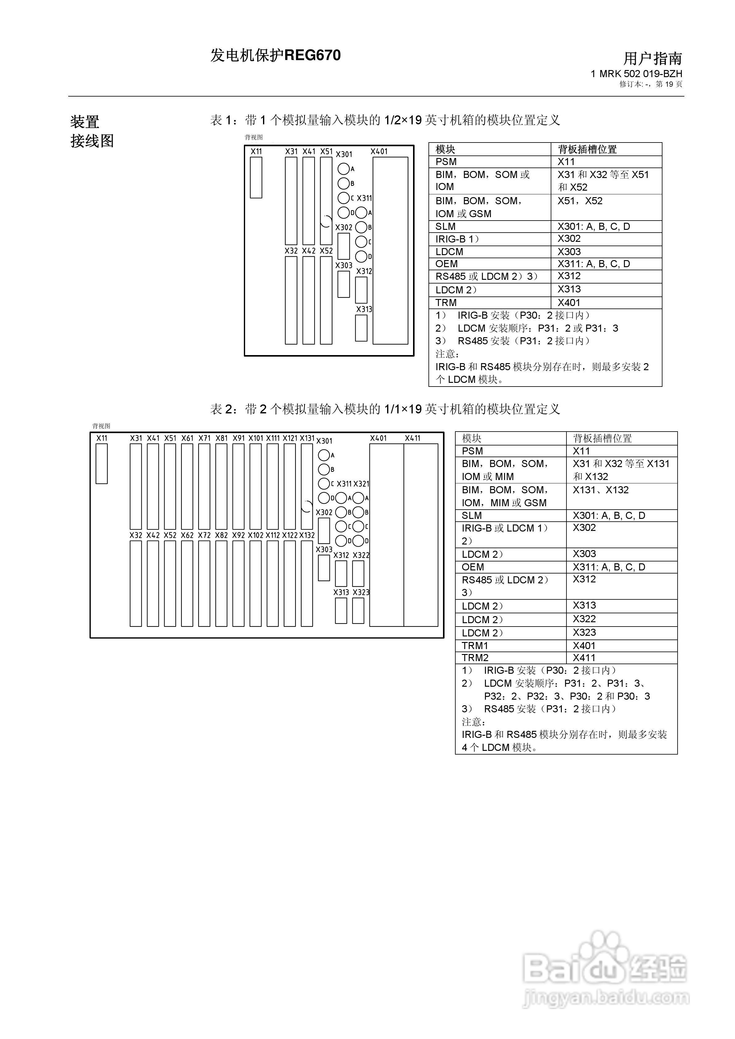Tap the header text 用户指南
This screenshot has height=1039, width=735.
click(x=653, y=58)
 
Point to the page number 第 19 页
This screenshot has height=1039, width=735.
click(x=669, y=84)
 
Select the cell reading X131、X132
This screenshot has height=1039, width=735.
click(x=600, y=490)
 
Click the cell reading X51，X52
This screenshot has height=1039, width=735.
click(x=580, y=201)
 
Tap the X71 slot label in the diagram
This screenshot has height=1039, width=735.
click(x=204, y=438)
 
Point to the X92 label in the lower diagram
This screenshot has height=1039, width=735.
click(x=239, y=535)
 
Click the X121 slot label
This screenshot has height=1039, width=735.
click(x=290, y=438)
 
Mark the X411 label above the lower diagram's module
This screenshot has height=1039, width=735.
click(x=412, y=438)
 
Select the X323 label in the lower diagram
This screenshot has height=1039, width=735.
click(x=361, y=592)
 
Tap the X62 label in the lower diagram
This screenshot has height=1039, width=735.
click(x=187, y=535)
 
